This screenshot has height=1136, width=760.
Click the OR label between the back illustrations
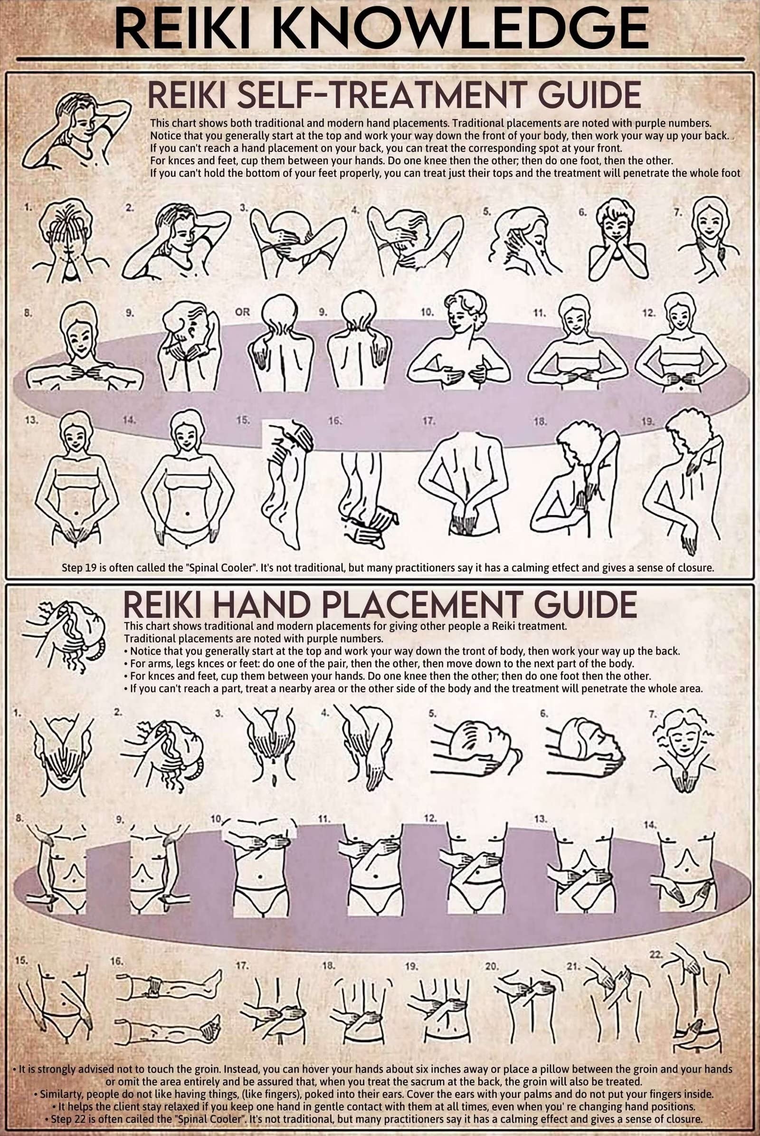coord(242,312)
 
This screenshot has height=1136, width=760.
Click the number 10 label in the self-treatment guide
coord(427,312)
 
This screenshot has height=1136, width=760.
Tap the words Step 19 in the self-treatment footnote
coord(78,567)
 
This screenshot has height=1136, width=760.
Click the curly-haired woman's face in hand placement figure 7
coord(683,736)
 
